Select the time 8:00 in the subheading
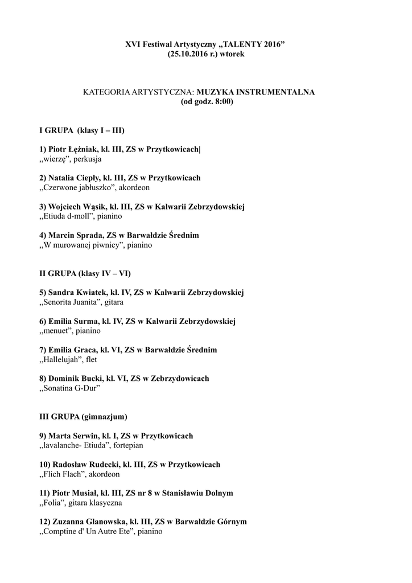pos(221,102)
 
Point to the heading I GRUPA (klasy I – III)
pos(81,130)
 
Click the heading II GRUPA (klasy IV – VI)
pos(85,273)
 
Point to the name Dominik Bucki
pos(73,379)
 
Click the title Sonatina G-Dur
pos(71,388)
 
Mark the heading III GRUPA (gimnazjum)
pos(83,417)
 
